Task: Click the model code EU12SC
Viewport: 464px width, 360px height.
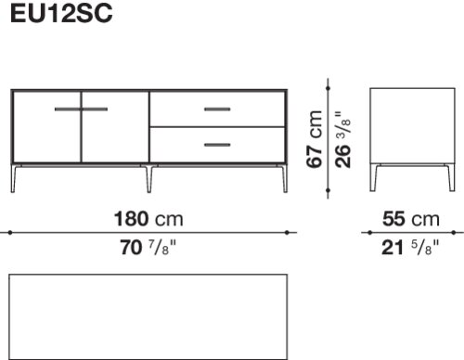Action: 61,14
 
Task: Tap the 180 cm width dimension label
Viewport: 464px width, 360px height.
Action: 148,219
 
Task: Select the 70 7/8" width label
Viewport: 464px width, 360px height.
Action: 148,248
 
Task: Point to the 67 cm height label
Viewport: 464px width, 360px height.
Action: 315,139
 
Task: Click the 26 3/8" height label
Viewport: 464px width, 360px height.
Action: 343,139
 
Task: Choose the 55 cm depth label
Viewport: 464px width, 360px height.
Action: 411,219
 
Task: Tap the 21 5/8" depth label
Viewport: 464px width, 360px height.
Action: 410,248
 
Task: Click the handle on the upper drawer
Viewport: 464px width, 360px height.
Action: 217,109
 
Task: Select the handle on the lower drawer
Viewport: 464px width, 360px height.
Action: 217,145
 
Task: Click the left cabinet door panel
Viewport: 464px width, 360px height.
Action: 46,127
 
